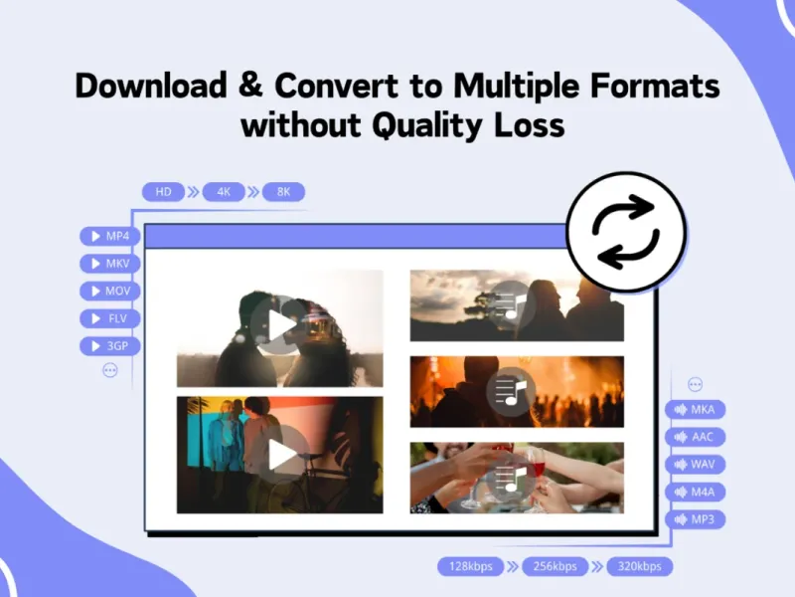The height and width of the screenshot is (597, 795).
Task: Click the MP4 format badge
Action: (x=110, y=236)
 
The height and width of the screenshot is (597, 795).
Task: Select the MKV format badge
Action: (x=110, y=264)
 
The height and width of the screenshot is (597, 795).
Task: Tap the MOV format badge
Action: (x=110, y=291)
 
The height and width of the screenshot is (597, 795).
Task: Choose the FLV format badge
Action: (x=110, y=318)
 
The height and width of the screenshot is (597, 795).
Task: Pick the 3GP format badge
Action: (x=110, y=346)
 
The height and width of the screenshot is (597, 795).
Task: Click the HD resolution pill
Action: (x=163, y=192)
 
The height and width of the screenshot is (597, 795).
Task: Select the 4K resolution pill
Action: (x=224, y=192)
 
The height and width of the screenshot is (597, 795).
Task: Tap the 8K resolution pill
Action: (x=283, y=192)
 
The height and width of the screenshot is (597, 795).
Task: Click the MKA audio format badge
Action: (x=695, y=410)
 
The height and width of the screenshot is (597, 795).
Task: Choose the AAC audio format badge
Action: (x=695, y=437)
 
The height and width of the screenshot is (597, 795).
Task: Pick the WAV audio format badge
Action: (x=695, y=465)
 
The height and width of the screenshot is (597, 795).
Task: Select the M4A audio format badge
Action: (x=695, y=492)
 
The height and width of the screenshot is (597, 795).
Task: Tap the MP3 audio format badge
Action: (x=695, y=519)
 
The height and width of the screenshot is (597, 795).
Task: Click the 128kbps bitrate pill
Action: (x=470, y=566)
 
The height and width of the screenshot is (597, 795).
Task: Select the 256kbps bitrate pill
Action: (x=556, y=566)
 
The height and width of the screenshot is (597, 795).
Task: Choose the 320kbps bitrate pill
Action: (x=639, y=566)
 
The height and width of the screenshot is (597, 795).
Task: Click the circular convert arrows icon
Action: (x=626, y=232)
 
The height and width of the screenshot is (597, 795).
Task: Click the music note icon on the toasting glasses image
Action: (x=511, y=478)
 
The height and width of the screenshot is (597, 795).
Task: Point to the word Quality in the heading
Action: (x=427, y=126)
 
